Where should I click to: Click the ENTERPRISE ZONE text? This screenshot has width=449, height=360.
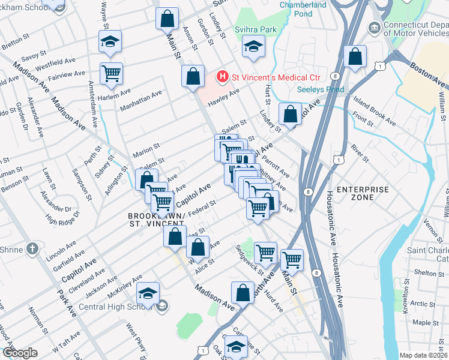coord(363,193)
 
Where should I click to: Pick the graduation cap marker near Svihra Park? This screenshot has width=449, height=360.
coord(253,46)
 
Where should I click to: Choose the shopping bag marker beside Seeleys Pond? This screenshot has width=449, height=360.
coord(291,113)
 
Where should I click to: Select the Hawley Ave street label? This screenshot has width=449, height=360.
coord(224,97)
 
